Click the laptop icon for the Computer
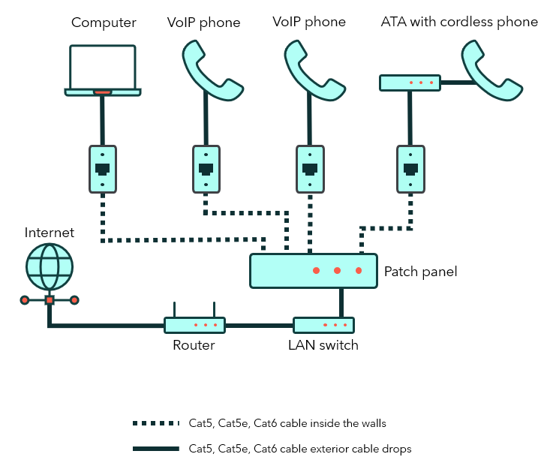pos(103,70)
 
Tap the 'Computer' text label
pos(103,23)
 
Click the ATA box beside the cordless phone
pos(410,83)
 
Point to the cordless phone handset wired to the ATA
pos(491,71)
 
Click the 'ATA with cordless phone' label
pos(459,22)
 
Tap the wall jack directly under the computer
pos(103,168)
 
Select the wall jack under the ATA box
pos(410,168)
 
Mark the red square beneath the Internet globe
pos(50,300)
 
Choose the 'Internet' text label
pos(50,233)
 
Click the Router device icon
pos(194,324)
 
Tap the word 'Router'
pos(194,345)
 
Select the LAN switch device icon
pos(323,325)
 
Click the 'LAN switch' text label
pos(323,345)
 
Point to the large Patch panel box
pos(313,270)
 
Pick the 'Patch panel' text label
pos(420,271)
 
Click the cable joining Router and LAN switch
pos(259,326)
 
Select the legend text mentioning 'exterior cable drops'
pos(300,449)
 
